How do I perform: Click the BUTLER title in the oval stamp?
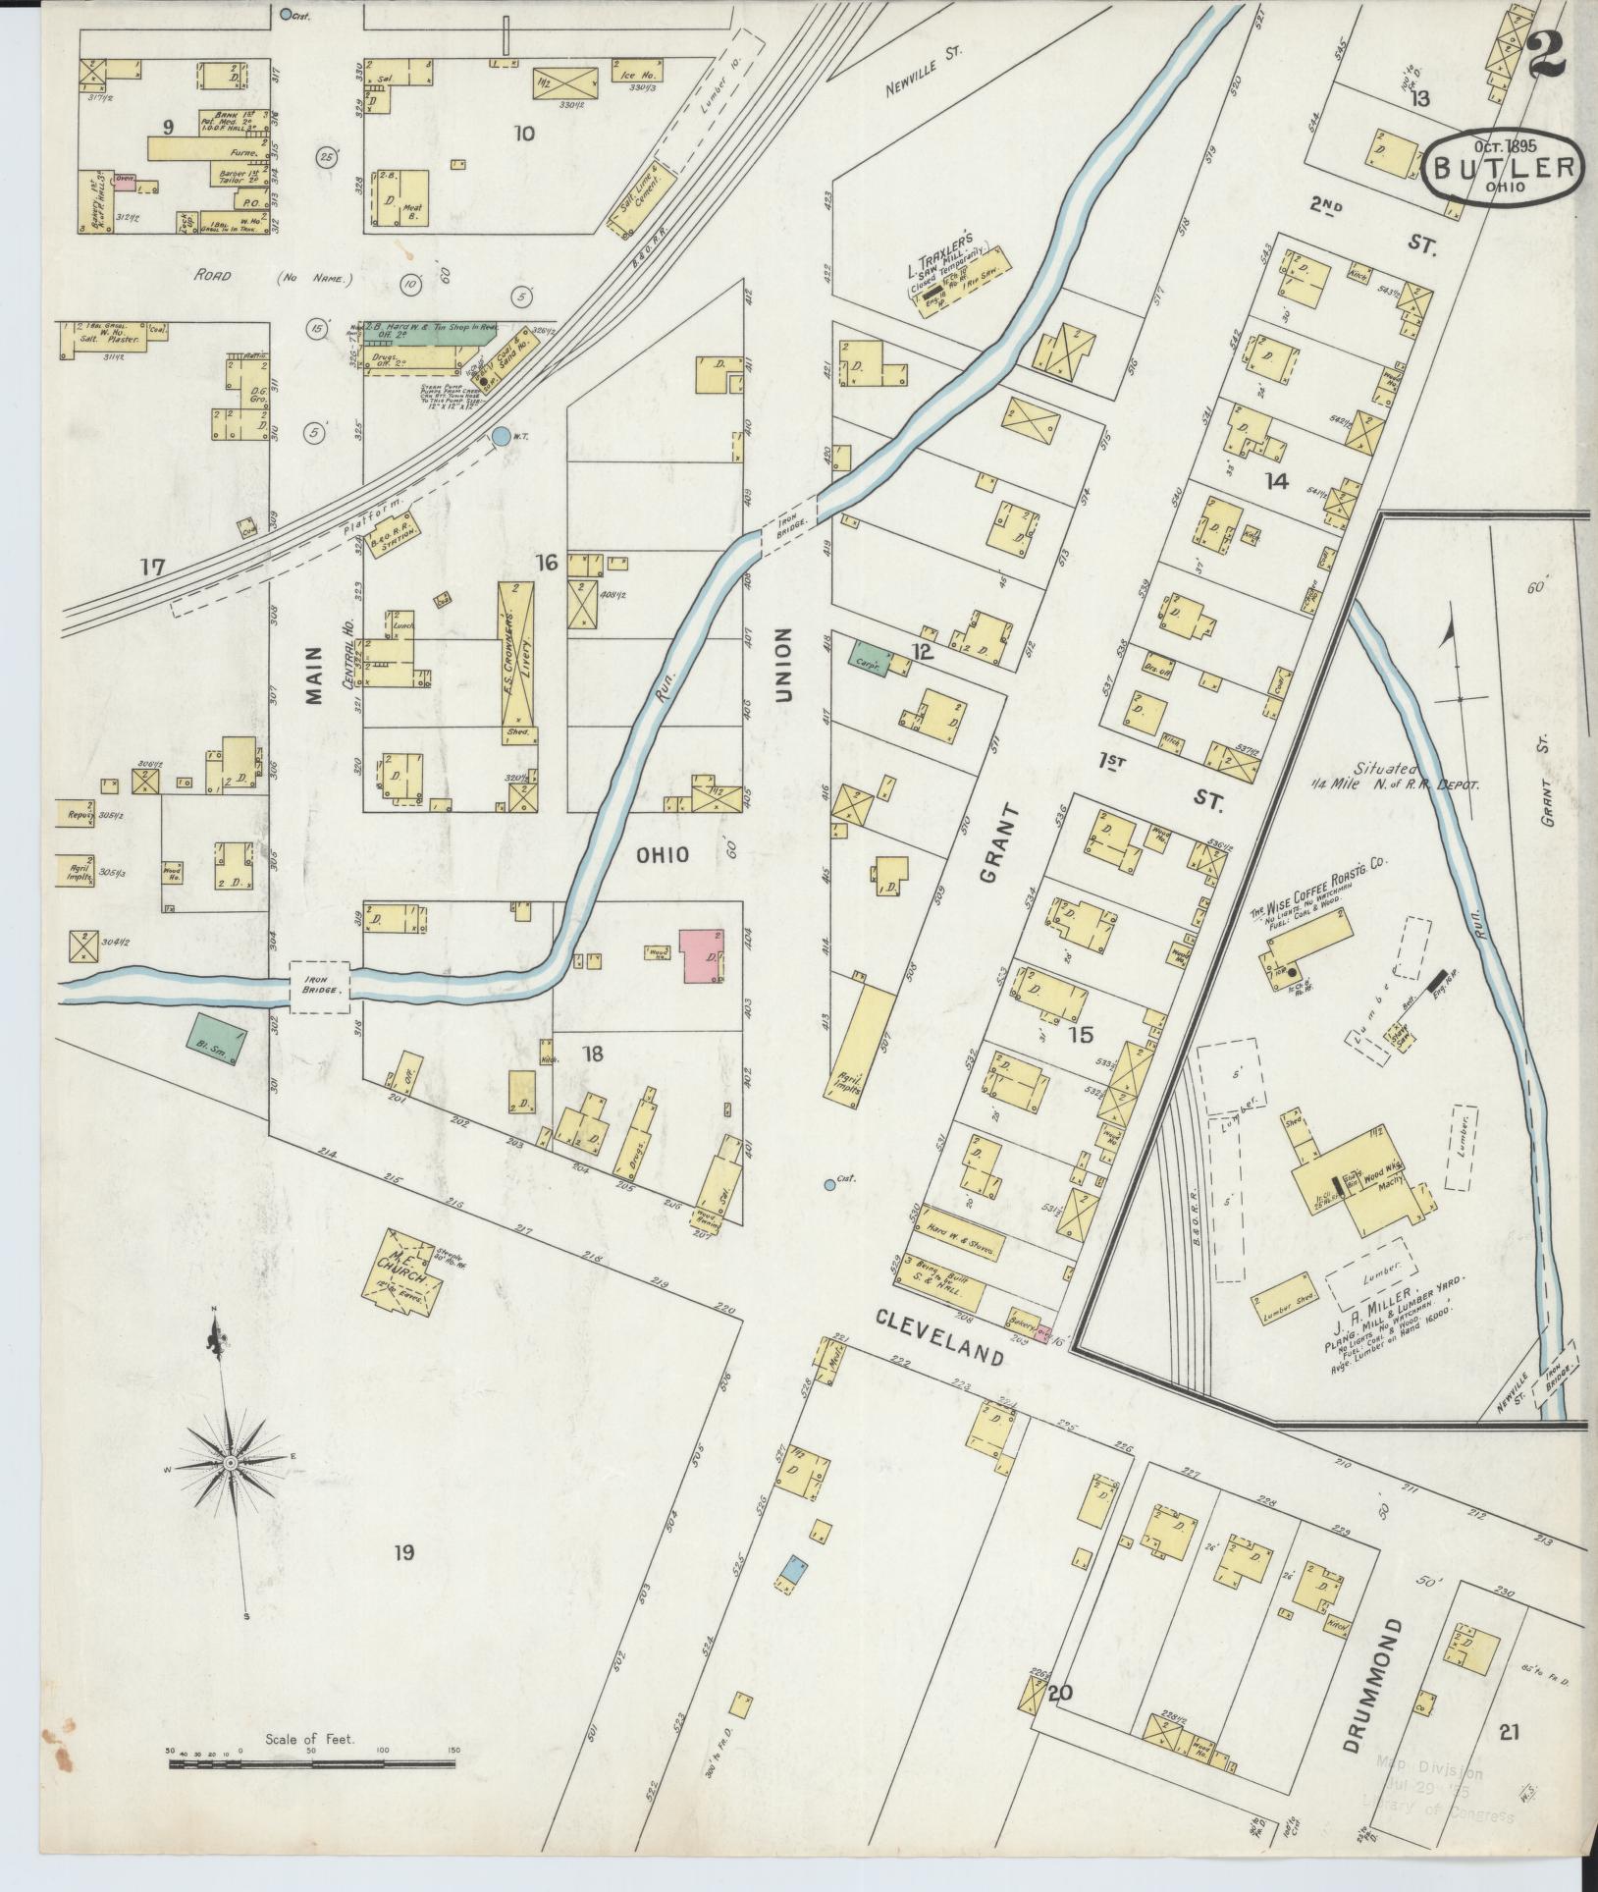pyautogui.click(x=1505, y=167)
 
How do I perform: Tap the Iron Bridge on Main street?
pyautogui.click(x=319, y=986)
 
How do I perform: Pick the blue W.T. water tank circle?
pyautogui.click(x=502, y=436)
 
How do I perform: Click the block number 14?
pyautogui.click(x=1276, y=480)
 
